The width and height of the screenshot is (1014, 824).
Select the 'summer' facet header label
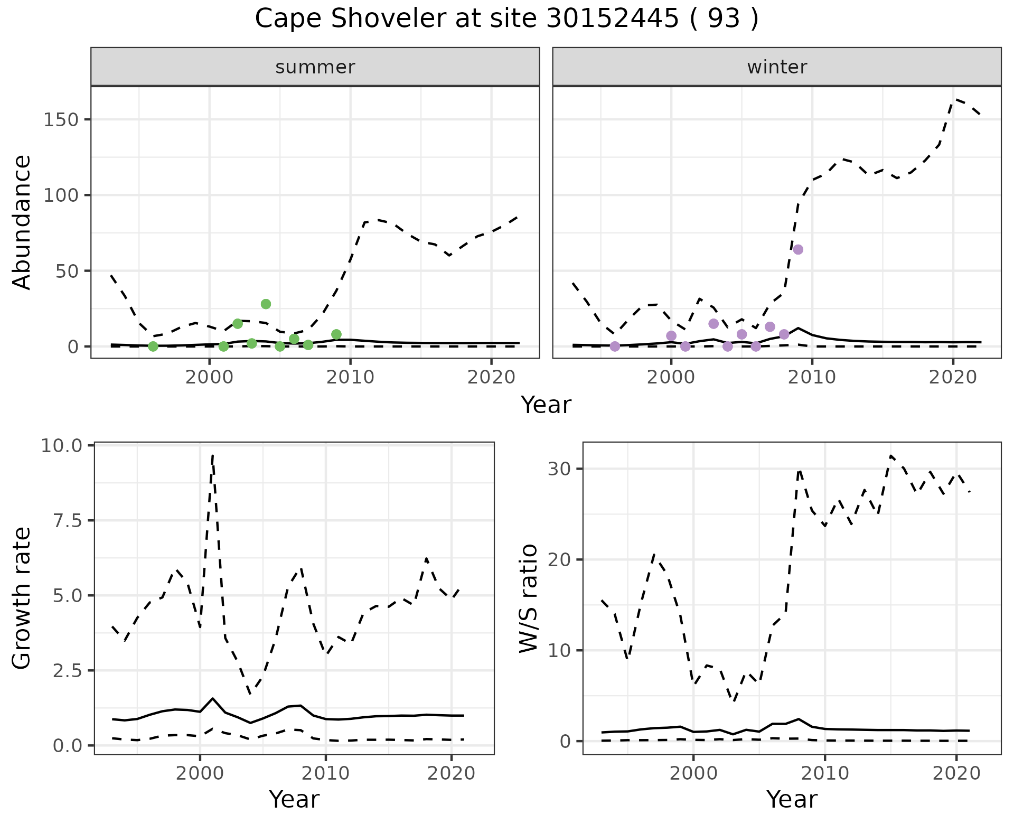tap(315, 67)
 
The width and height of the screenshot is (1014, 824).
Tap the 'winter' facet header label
tap(777, 67)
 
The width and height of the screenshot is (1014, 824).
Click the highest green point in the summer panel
tap(266, 304)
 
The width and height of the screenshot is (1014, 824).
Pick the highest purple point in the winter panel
tap(798, 249)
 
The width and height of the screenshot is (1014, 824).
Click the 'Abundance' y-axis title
tap(22, 222)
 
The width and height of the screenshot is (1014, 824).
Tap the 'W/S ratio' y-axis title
tap(528, 598)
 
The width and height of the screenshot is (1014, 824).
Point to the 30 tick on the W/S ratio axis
tap(560, 469)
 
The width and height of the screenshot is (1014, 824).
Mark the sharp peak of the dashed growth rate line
tap(212, 455)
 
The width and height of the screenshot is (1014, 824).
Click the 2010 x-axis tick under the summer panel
tap(350, 378)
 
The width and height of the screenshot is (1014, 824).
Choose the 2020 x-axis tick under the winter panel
tap(953, 378)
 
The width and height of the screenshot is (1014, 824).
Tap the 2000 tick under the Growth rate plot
tap(200, 774)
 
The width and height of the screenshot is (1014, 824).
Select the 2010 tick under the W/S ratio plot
tap(825, 774)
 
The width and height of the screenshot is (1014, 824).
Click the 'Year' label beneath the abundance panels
tap(546, 405)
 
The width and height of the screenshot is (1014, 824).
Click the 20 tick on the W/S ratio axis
tap(560, 559)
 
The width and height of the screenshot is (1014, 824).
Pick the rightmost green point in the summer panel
tap(336, 334)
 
